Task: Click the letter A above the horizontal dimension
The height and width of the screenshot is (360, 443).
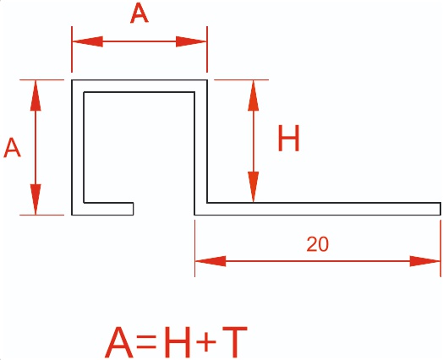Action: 139,14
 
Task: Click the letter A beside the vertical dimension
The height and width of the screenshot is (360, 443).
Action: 12,148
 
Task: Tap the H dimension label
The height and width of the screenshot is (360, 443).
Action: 288,139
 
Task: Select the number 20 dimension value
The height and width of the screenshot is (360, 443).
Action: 318,244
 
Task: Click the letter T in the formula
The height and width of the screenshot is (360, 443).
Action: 235,341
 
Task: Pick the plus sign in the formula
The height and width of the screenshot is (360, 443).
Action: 206,341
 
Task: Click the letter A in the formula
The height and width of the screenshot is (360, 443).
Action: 119,341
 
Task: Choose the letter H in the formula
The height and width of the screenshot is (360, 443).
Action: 178,341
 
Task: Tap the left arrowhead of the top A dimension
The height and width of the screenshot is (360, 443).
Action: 88,41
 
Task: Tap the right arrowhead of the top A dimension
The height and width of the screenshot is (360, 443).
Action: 191,41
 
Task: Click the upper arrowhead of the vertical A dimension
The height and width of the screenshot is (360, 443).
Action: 36,95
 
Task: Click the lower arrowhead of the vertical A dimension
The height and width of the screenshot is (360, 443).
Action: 36,199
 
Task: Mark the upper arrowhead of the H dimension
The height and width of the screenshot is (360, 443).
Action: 254,95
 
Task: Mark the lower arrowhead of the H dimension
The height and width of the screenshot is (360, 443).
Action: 254,187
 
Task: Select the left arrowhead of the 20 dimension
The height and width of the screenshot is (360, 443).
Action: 211,261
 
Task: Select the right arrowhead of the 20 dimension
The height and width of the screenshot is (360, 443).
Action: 425,261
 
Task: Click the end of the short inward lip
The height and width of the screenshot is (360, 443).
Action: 133,209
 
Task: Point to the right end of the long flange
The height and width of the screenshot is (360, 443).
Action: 440,209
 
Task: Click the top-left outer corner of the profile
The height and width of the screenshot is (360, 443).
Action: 72,80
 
